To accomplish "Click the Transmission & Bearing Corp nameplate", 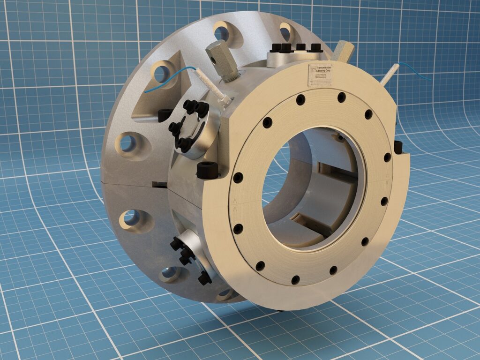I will (320, 75).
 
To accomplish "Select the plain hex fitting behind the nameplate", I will (344, 50).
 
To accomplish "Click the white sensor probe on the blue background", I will (390, 75).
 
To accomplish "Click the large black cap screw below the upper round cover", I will (207, 170).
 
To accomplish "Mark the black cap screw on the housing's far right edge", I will (399, 147).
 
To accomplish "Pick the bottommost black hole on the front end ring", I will (295, 280).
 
